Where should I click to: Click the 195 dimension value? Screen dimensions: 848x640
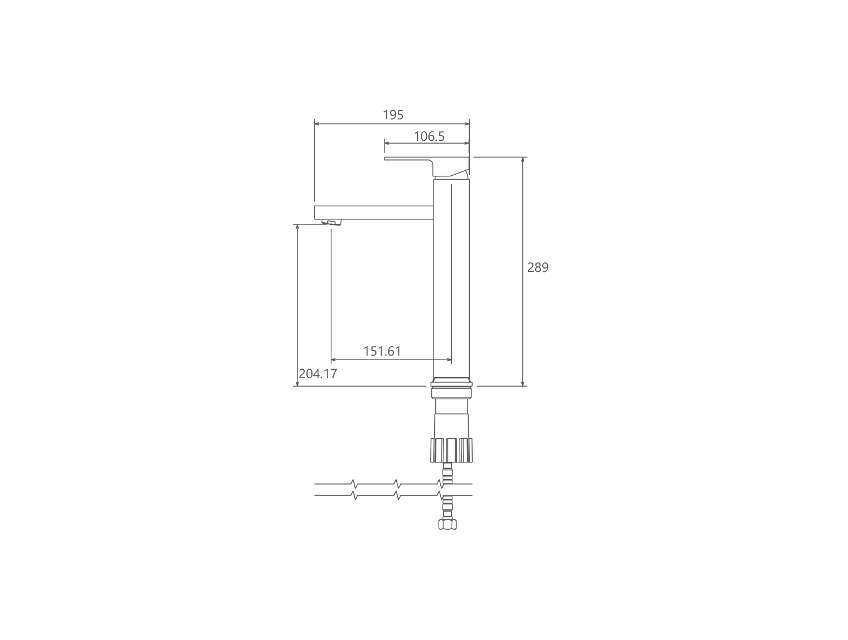(x=393, y=115)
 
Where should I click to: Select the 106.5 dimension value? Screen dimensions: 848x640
(x=429, y=136)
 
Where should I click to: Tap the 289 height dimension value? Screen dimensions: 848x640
(x=538, y=267)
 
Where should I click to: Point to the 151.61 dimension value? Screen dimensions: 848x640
(x=382, y=351)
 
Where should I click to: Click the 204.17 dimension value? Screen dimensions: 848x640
(x=318, y=374)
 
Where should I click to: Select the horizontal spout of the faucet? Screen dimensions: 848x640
(x=374, y=213)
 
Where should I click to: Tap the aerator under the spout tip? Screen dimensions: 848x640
(x=332, y=222)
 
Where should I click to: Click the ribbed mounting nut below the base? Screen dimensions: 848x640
(x=451, y=450)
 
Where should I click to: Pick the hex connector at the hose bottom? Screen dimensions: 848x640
(x=447, y=524)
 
